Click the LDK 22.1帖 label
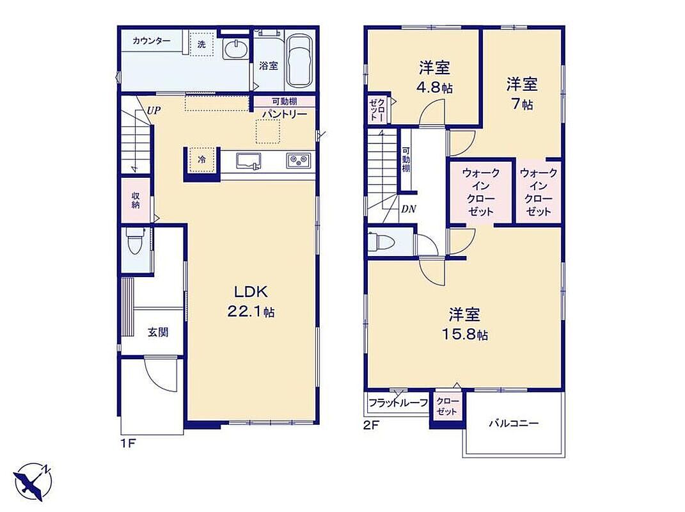pos(251,301)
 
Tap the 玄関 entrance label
pos(157,332)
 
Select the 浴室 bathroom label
pos(268,65)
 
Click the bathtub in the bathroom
pos(299,61)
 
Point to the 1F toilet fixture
pos(134,241)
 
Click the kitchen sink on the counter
pos(249,161)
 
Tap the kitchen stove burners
pos(299,161)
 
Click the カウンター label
pos(151,41)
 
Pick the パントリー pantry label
pos(285,114)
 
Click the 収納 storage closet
pos(136,200)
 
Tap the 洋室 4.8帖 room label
pos(435,77)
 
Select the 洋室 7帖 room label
pos(522,93)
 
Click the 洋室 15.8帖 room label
pos(464,324)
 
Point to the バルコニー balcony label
pos(514,423)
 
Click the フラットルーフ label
pos(398,403)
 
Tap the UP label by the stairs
pos(154,110)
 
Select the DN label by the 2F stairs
pos(409,209)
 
